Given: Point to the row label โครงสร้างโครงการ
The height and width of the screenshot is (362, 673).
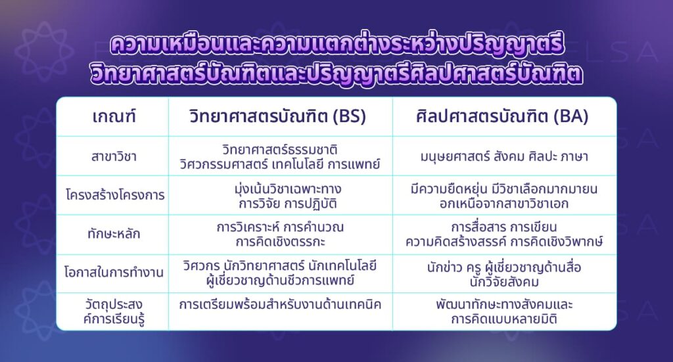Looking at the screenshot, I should pos(113,196).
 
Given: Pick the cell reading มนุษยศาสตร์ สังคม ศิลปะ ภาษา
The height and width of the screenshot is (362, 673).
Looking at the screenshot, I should pos(504,157).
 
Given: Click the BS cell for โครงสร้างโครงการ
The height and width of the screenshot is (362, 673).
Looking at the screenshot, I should pos(280,196).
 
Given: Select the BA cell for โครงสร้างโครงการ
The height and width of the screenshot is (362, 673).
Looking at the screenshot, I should pos(504,196).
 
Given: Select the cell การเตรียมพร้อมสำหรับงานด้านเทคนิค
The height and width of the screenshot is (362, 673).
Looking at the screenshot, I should pos(280,305).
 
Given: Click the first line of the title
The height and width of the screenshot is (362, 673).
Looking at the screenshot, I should pos(336,47).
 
